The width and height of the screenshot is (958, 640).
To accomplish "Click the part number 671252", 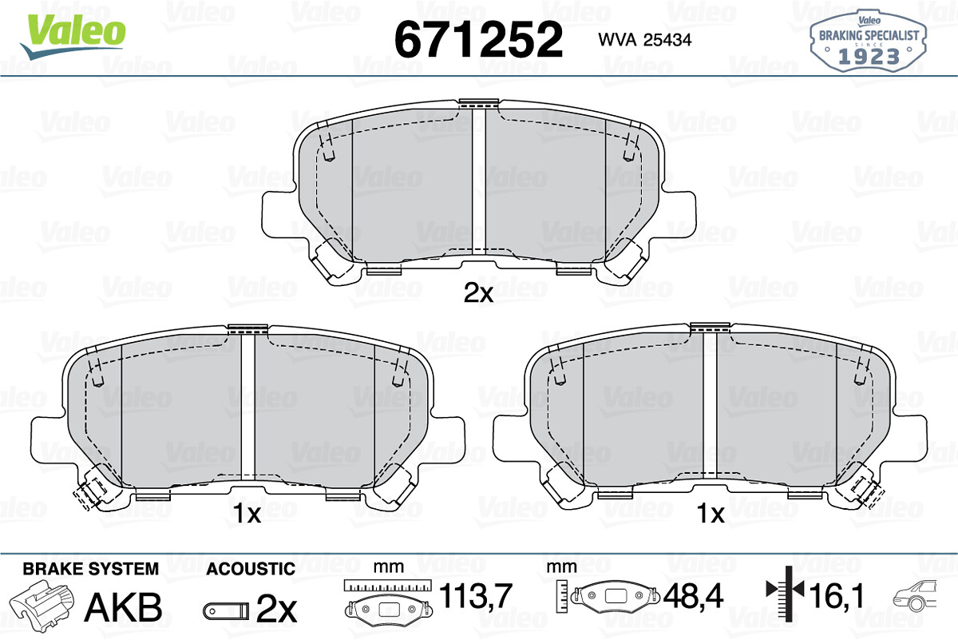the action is [x=478, y=39].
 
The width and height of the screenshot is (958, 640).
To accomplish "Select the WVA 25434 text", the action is [x=645, y=40].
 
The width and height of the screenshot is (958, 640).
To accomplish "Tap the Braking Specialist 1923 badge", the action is [x=869, y=42].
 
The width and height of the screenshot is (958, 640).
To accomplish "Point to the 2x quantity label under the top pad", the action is [x=478, y=293].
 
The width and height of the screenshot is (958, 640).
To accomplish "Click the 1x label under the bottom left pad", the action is [x=247, y=513].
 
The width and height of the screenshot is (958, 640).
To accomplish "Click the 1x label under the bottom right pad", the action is [x=711, y=513].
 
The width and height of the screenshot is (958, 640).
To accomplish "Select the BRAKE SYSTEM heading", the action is [x=91, y=569].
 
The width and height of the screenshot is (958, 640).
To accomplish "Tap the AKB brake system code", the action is [x=124, y=607].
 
